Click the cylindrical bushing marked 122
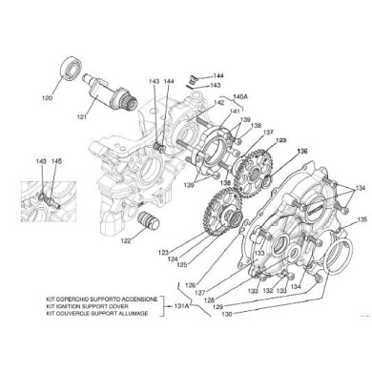click(148, 230)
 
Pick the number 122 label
click(126, 242)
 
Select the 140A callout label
click(239, 96)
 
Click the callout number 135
click(362, 220)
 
